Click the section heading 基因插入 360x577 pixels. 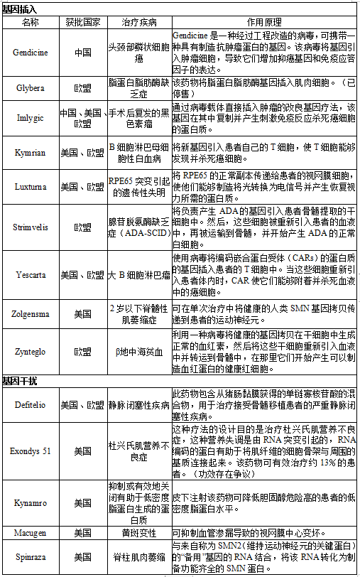pos(20,9)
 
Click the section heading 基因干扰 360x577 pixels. pos(20,381)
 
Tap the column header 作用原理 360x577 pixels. pos(266,22)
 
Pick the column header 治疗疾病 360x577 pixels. pos(139,22)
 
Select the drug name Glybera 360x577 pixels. pos(31,87)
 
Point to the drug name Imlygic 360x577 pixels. pos(31,117)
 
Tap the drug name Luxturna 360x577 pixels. pos(31,187)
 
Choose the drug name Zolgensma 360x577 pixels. pos(31,313)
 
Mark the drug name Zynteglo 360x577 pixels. pos(31,351)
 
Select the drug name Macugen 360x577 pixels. pos(31,532)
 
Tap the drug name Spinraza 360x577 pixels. pos(31,557)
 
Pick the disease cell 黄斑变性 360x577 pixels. pos(139,532)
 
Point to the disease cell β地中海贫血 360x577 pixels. pos(139,351)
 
